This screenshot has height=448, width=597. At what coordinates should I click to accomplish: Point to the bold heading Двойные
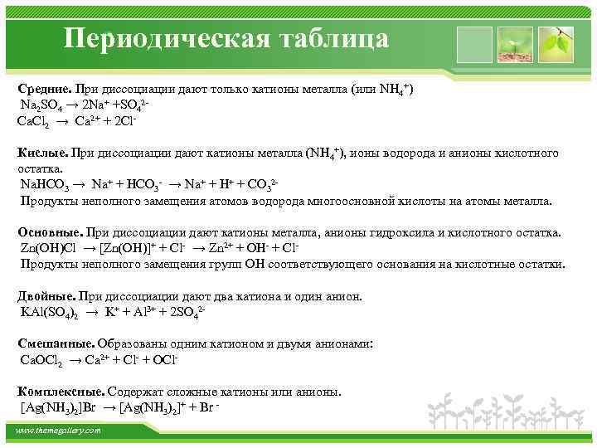(x=46, y=296)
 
